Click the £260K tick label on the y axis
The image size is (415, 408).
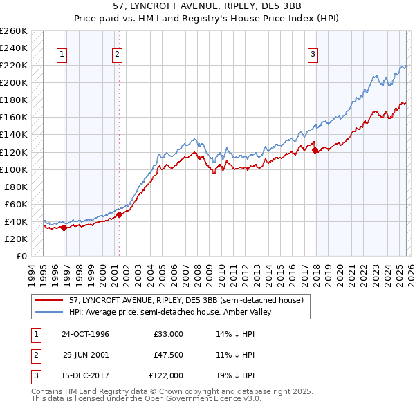(13, 31)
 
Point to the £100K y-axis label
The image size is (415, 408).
(13, 169)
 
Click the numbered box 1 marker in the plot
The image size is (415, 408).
(62, 55)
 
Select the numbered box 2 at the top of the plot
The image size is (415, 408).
(118, 55)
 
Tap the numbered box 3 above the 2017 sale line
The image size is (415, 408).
(313, 55)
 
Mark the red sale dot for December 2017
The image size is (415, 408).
(315, 150)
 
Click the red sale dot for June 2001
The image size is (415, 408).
(120, 214)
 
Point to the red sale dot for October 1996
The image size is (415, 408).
(64, 227)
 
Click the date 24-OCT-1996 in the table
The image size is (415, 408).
(85, 334)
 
